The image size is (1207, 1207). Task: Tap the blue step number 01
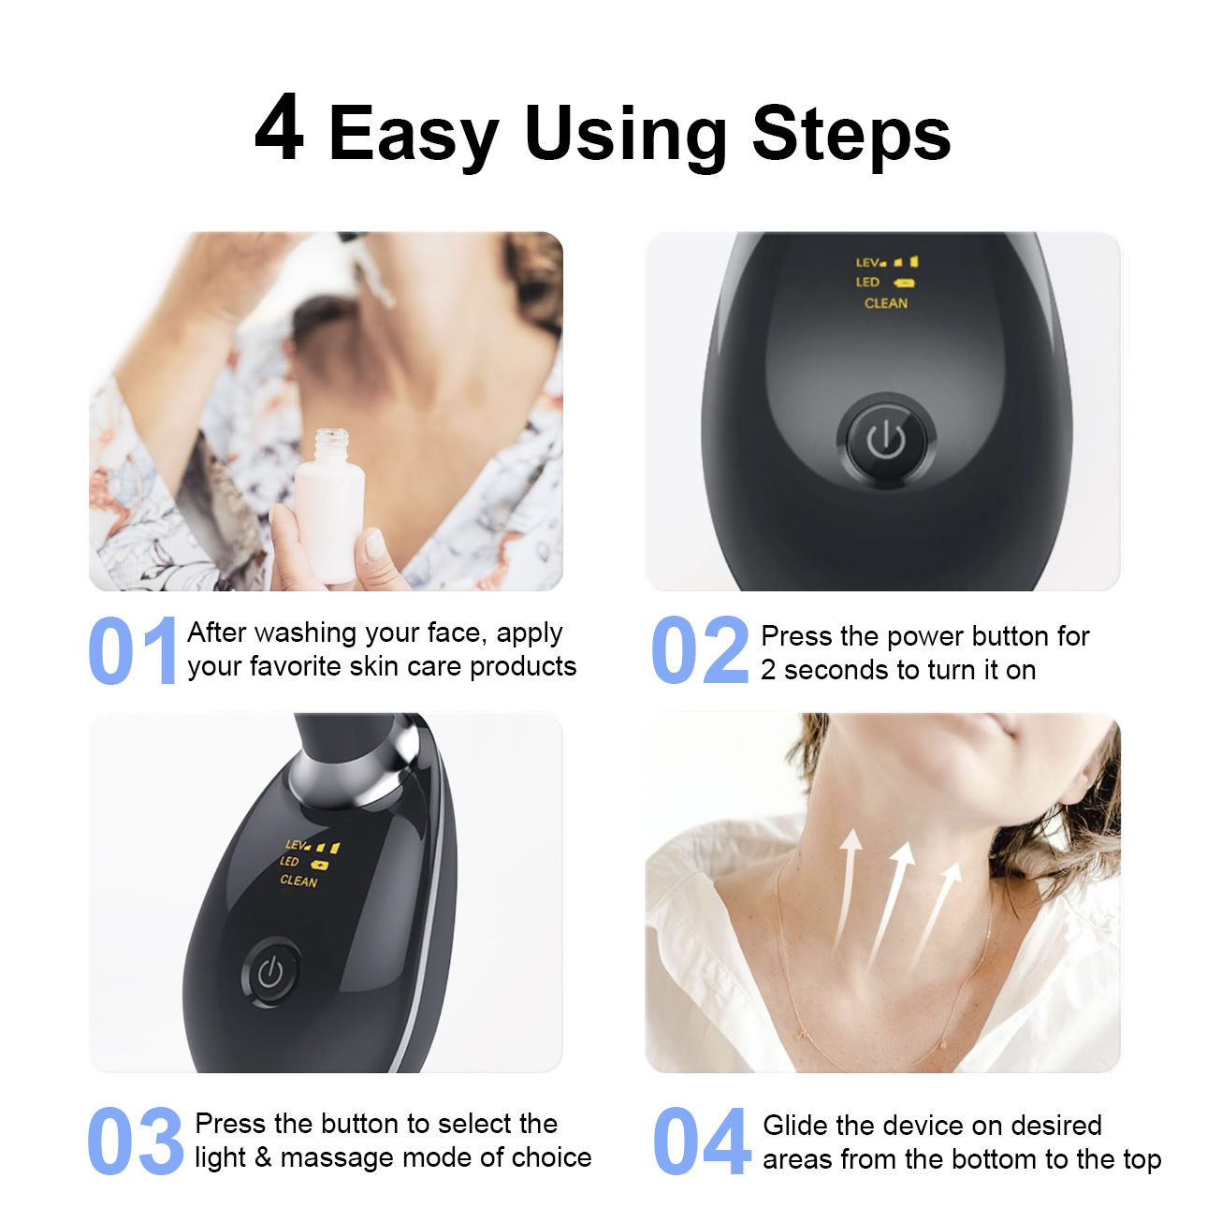133,651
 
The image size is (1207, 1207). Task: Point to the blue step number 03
136,1142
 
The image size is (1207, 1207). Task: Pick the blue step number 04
702,1142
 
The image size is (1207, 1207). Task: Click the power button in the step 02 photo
886,440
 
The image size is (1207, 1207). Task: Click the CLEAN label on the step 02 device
886,303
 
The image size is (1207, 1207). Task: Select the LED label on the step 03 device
289,861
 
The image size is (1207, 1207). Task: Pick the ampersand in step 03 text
263,1156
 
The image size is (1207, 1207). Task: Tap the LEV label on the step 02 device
867,262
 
